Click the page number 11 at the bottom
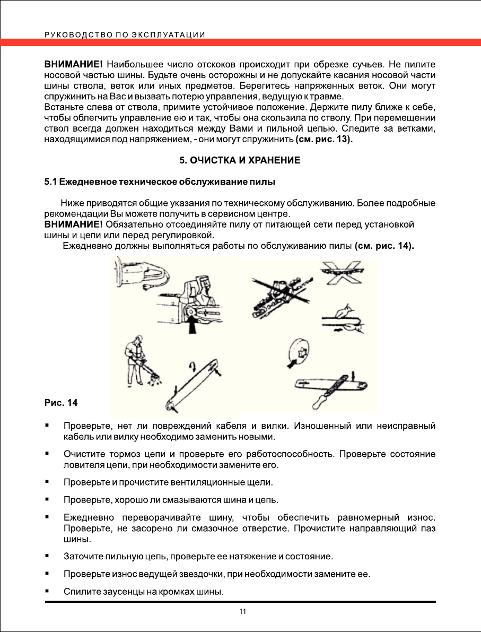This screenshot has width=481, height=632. pos(242,612)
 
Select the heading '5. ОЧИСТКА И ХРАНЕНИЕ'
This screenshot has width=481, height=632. pos(240,160)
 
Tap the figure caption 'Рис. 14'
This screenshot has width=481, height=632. pos(60,403)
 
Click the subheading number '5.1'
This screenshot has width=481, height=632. pos(50,183)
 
